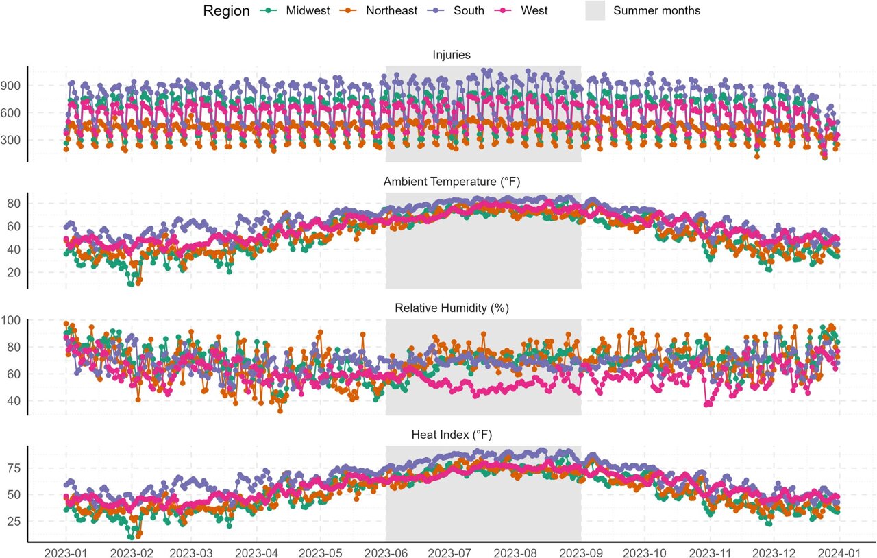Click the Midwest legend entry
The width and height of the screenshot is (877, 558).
pos(295,10)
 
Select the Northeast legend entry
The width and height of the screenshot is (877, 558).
pos(378,10)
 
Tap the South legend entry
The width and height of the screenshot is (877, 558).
pos(456,10)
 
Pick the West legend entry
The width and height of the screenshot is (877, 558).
pos(521,10)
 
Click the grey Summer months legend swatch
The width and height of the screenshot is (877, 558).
pos(595,10)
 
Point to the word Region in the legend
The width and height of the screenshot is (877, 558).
pos(226,11)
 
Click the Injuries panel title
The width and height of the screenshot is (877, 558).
pos(452,55)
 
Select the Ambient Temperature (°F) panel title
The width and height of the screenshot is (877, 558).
pos(452,182)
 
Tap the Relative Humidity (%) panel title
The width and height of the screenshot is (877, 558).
pos(452,308)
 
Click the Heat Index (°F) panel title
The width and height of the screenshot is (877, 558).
pos(452,435)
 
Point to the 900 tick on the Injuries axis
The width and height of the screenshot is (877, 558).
pos(10,86)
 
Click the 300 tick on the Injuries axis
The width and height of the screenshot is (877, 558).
pos(10,140)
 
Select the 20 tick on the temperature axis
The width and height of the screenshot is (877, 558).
pos(14,272)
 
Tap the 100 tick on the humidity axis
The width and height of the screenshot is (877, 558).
pos(10,320)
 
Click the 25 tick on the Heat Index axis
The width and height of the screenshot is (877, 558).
pos(14,522)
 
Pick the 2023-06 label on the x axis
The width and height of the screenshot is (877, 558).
pos(386,553)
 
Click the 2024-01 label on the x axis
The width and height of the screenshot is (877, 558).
pos(839,553)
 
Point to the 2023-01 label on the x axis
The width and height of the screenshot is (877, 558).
pos(66,553)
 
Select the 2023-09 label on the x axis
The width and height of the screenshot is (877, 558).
pos(581,553)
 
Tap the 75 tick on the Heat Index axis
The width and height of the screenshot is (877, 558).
pos(14,468)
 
